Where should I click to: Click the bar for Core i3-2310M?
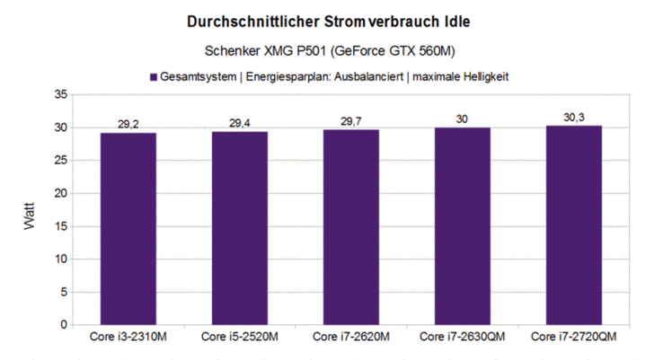pyautogui.click(x=128, y=228)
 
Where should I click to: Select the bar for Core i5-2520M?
pyautogui.click(x=240, y=227)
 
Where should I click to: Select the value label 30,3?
pyautogui.click(x=574, y=117)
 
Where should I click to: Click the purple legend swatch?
pyautogui.click(x=154, y=77)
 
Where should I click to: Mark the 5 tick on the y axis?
pyautogui.click(x=63, y=292)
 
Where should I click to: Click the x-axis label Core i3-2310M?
pyautogui.click(x=128, y=338)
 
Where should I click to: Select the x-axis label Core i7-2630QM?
pyautogui.click(x=463, y=338)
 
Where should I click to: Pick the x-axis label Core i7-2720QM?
pyautogui.click(x=574, y=338)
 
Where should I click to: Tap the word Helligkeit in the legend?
pyautogui.click(x=480, y=77)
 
